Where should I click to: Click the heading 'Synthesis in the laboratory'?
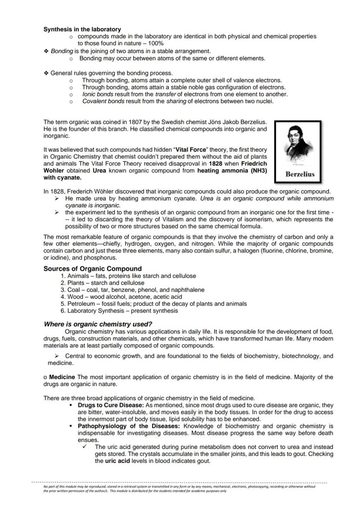[x=82, y=29]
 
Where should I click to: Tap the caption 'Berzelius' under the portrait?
[x=299, y=174]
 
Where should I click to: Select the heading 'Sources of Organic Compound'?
[x=93, y=268]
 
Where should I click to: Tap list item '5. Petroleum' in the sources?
[x=79, y=303]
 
